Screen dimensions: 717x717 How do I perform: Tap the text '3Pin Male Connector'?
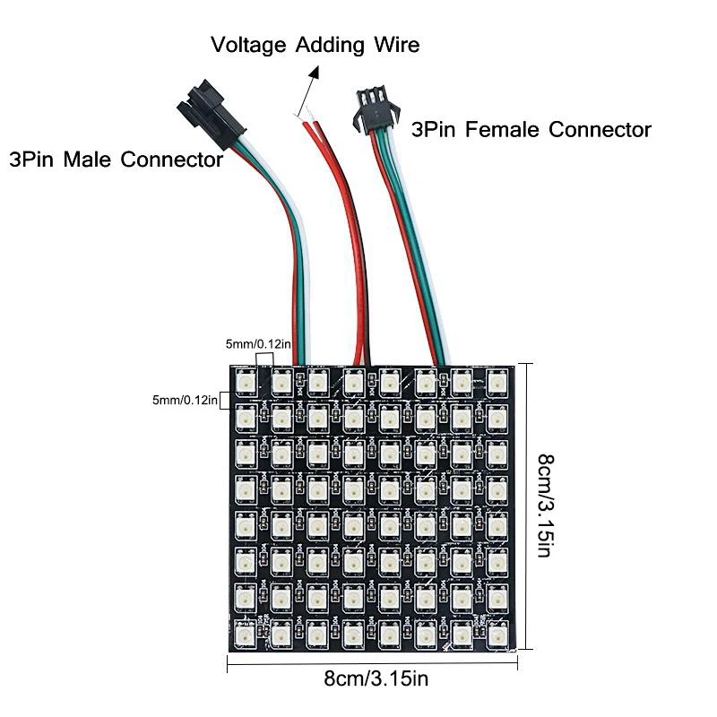coord(115,160)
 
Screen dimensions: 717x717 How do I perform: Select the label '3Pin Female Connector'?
coord(531,130)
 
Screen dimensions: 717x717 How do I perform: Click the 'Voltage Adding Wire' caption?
coord(315,44)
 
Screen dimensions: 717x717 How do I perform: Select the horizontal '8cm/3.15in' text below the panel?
coord(376,678)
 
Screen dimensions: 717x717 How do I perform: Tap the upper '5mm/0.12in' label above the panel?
coord(253,343)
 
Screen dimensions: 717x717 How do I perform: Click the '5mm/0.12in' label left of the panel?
coord(185,400)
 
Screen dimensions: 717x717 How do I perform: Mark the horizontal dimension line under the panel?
coord(376,662)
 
